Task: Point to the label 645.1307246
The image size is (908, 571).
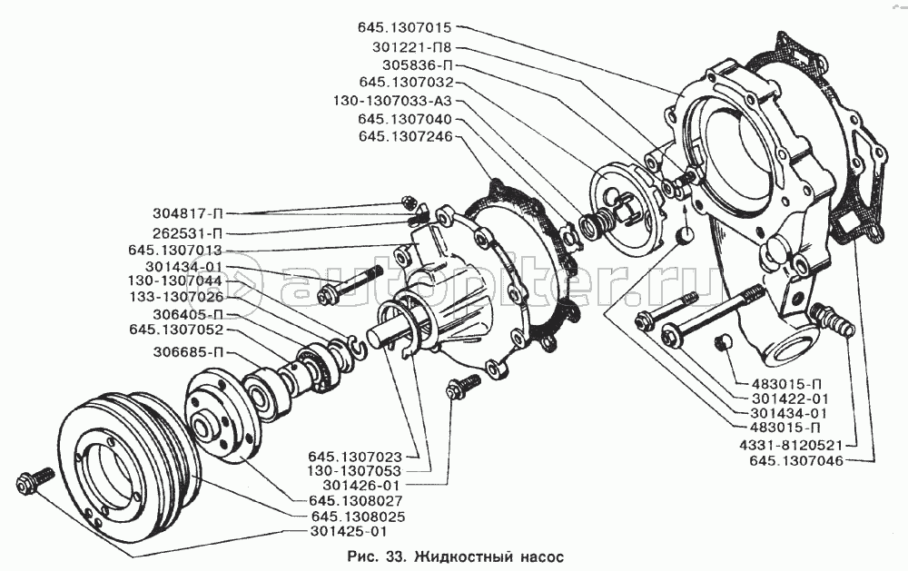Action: tap(404, 137)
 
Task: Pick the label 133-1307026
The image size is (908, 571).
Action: tap(175, 298)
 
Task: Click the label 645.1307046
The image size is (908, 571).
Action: tap(796, 461)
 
